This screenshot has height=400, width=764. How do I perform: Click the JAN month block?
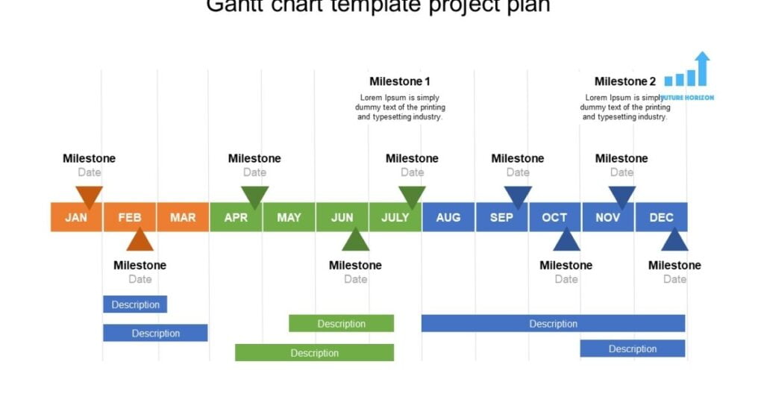point(75,217)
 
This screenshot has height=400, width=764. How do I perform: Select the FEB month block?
point(129,217)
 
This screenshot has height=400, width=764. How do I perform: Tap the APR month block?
point(236,217)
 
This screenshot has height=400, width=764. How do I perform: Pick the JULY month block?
point(395,217)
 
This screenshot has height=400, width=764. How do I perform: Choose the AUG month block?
point(448,217)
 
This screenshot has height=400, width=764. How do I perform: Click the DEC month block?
point(661,217)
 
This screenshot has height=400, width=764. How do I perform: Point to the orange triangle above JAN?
point(89,196)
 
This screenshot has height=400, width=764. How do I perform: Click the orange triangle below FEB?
point(140,241)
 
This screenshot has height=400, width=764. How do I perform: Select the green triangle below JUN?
point(355,241)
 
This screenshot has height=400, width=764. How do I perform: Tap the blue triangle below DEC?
point(674,241)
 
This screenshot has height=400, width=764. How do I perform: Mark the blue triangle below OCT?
point(566,241)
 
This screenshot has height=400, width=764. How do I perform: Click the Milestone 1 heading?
point(400,81)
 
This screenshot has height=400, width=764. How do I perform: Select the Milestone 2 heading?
point(625,81)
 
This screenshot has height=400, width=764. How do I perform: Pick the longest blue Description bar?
point(553,323)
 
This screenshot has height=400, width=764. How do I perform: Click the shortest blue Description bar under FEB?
point(135,304)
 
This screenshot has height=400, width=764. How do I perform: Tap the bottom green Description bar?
point(314,352)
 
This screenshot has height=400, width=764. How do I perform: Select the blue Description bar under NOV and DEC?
point(632,349)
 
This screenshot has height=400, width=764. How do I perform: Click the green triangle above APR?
point(254,196)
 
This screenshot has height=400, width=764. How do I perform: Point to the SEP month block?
point(501,217)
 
